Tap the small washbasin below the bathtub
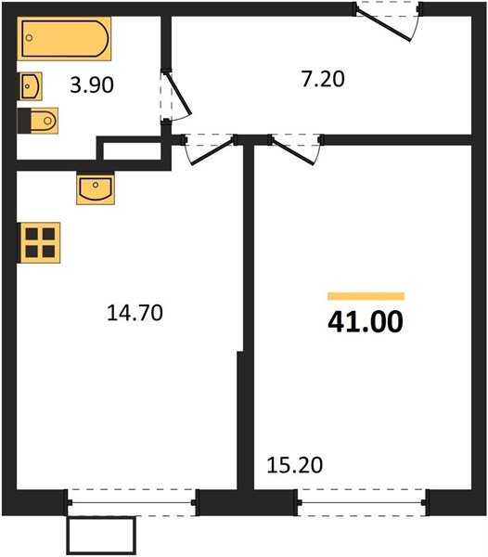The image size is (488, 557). (x=30, y=86)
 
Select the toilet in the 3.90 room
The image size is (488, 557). (x=38, y=120)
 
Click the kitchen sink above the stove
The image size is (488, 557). (x=95, y=189)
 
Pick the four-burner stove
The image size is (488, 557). (x=39, y=241)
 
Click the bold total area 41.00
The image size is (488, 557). (x=365, y=323)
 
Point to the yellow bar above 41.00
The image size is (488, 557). (x=365, y=296)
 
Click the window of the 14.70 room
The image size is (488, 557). (x=132, y=502)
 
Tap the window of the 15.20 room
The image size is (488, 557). (x=362, y=502)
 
